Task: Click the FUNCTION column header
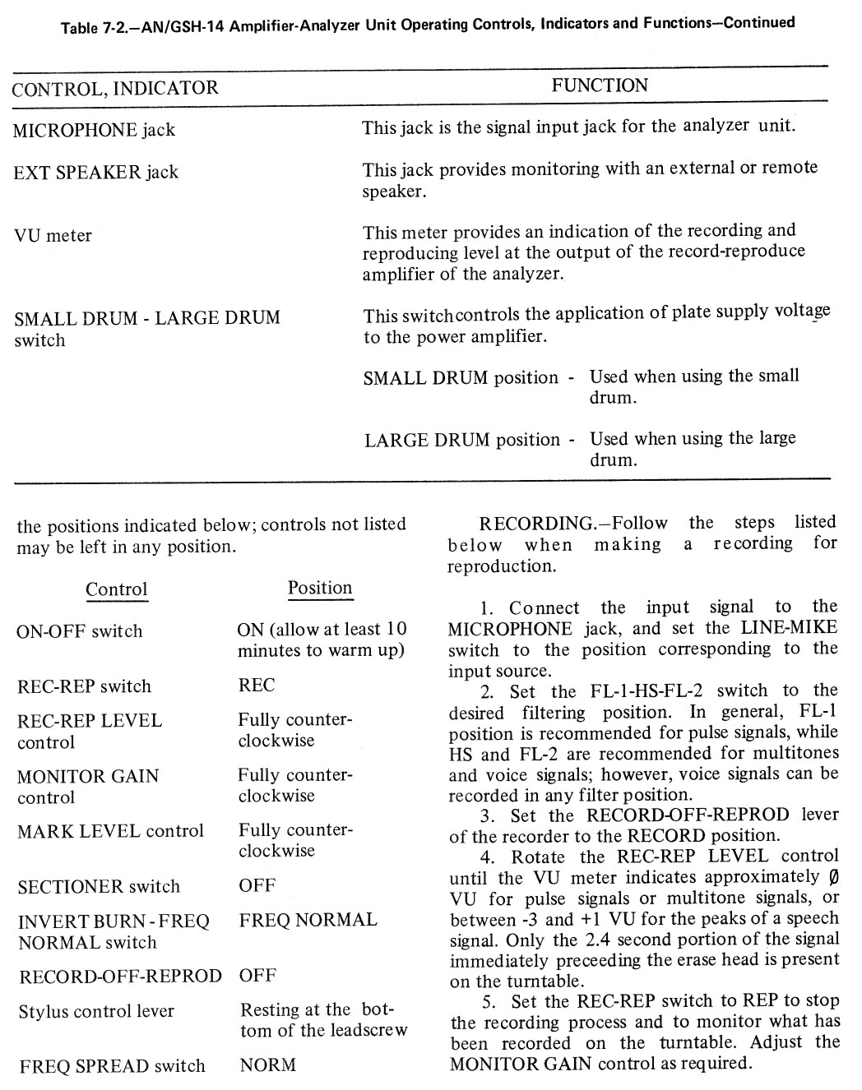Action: tap(600, 85)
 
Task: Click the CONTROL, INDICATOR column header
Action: tap(115, 88)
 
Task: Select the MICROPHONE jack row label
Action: tap(94, 130)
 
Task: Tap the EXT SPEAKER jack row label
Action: tap(95, 173)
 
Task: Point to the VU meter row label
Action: tap(53, 236)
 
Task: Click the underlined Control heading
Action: tap(117, 589)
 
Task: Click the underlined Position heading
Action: tap(320, 588)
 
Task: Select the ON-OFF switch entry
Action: tap(79, 631)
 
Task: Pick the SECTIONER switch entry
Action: tap(99, 887)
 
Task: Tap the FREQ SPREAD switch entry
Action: tap(112, 1066)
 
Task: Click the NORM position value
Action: tap(267, 1065)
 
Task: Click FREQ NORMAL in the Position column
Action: tap(308, 920)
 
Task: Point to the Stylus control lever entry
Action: tap(96, 1011)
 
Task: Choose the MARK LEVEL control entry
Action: tap(110, 831)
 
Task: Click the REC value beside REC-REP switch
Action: tap(257, 686)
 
